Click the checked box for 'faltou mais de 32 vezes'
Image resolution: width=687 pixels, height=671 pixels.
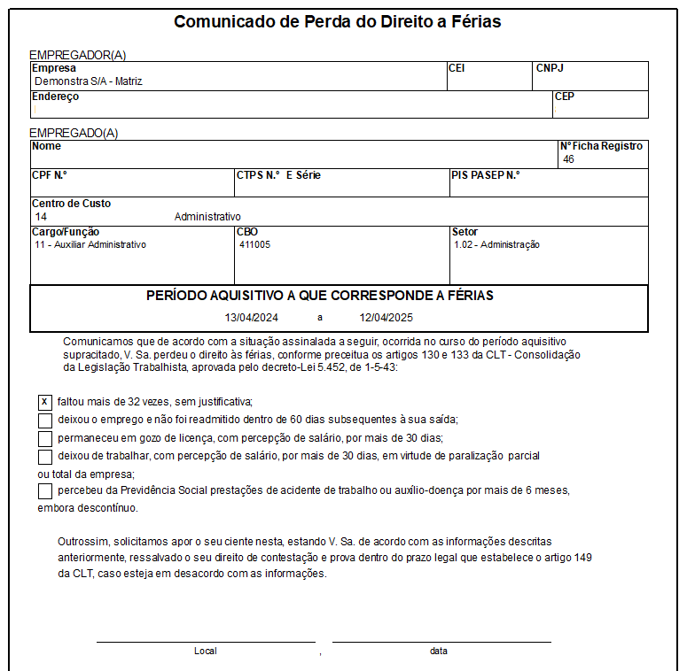(x=45, y=401)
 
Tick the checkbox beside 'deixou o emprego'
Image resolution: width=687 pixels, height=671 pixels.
(x=45, y=420)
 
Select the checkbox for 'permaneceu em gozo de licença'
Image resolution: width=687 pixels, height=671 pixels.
(x=45, y=438)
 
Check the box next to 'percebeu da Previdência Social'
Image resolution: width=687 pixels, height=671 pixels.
(x=45, y=490)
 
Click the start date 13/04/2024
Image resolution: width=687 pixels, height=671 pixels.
(x=252, y=317)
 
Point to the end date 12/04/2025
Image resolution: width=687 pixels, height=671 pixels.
(x=386, y=317)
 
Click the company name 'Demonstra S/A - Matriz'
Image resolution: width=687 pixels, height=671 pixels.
(x=89, y=81)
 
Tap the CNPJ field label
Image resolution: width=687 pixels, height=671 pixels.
(x=550, y=68)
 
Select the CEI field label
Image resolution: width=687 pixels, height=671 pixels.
(x=457, y=68)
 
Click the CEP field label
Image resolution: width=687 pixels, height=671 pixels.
(x=564, y=96)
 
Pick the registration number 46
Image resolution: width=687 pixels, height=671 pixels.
(x=568, y=159)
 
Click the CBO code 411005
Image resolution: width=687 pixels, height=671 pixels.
(x=254, y=245)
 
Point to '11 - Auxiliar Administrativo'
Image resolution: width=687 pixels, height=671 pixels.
(x=90, y=245)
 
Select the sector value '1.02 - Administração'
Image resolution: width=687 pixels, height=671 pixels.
(x=496, y=245)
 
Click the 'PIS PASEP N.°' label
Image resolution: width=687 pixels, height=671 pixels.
(x=486, y=175)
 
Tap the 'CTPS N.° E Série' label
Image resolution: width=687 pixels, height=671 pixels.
(x=278, y=175)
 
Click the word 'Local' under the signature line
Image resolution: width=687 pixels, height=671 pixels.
(x=205, y=651)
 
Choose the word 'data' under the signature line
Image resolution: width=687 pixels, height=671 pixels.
(x=439, y=651)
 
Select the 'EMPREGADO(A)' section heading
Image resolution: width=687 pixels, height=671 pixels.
(x=74, y=133)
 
